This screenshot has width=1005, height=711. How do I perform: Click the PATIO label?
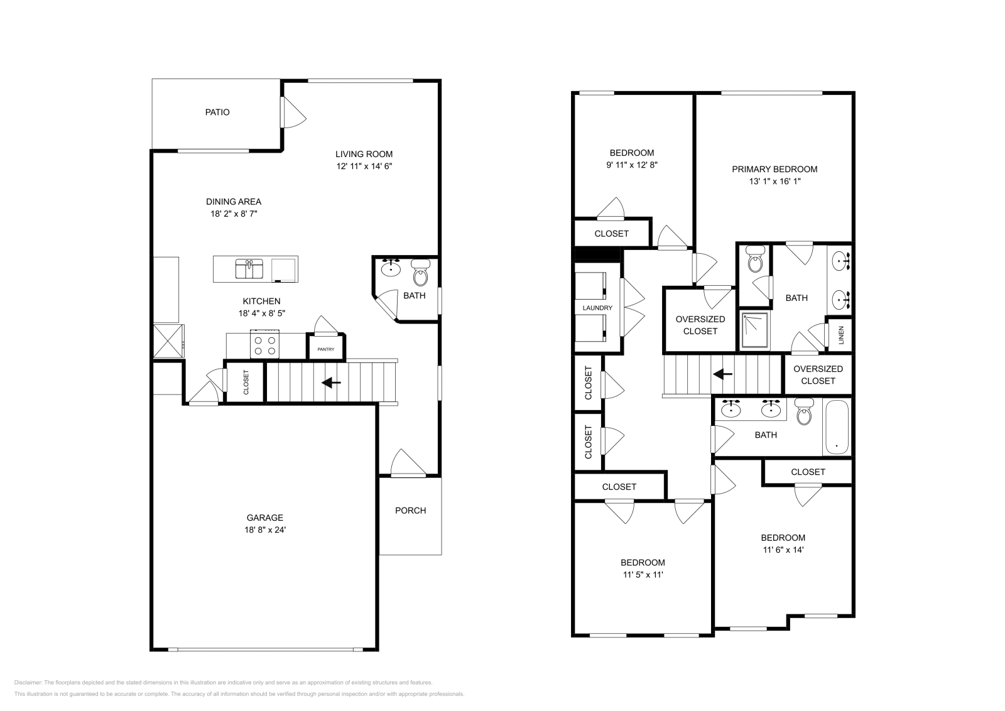click(217, 112)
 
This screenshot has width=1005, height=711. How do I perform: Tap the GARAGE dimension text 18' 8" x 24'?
click(264, 529)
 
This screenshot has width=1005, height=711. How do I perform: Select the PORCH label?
click(410, 511)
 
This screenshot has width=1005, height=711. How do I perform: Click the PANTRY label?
click(325, 349)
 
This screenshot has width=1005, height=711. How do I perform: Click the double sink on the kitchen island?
click(249, 269)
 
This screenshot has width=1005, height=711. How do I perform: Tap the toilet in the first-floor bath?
click(420, 274)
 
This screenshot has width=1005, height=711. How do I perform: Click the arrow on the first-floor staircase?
click(331, 382)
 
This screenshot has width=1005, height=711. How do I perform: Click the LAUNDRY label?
click(597, 308)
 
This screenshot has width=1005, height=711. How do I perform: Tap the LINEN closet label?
click(841, 335)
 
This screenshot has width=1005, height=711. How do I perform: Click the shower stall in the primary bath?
click(754, 330)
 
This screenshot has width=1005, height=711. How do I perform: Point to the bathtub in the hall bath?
click(836, 428)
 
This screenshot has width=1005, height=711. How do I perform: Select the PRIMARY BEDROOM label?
click(774, 169)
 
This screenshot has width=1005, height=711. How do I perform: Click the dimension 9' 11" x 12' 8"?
click(631, 165)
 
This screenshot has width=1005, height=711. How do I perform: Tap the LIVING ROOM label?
click(364, 154)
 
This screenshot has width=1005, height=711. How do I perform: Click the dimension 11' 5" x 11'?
click(643, 575)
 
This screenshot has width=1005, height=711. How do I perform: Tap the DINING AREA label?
click(234, 202)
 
